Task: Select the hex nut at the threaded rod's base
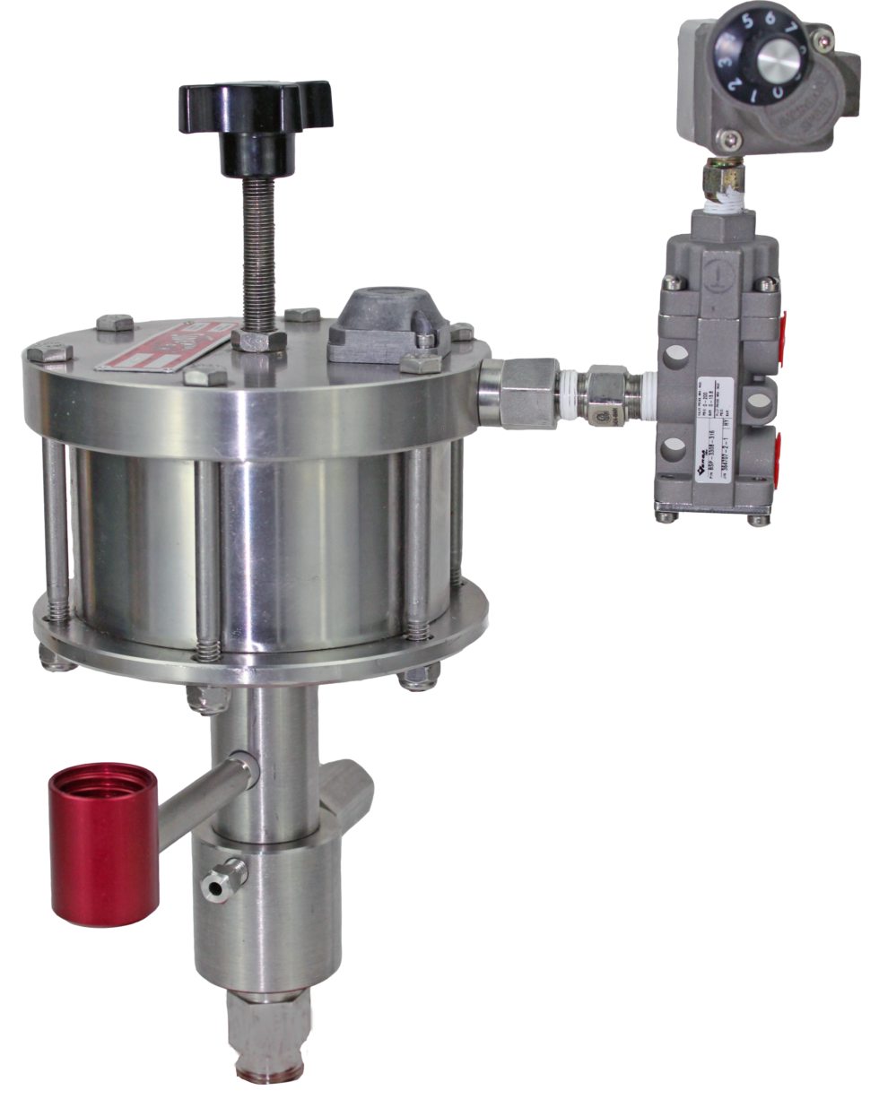259,340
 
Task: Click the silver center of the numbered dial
779,61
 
